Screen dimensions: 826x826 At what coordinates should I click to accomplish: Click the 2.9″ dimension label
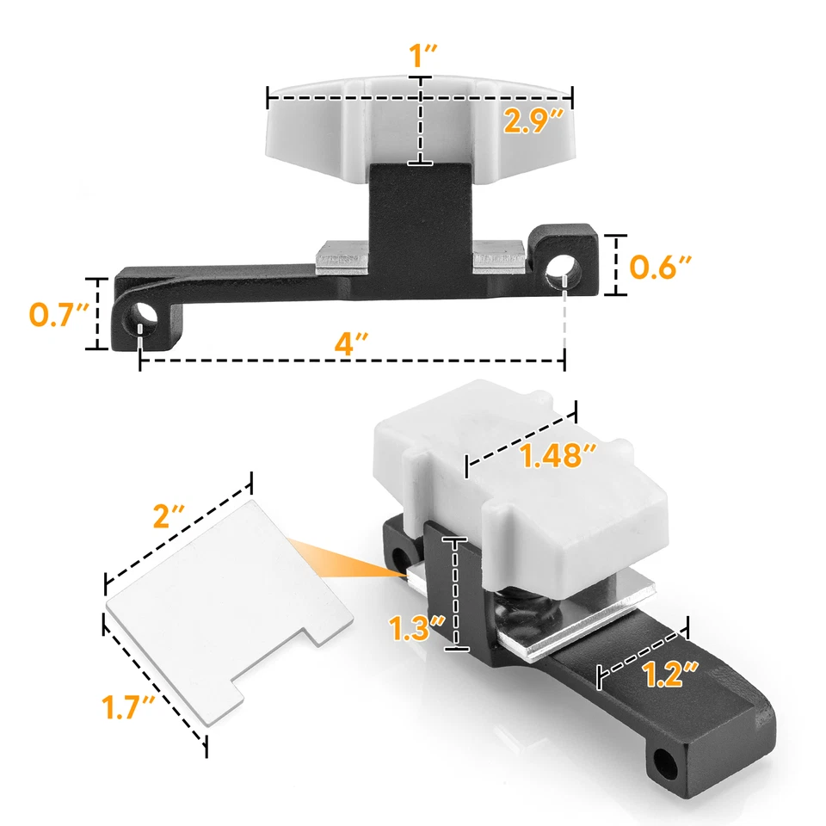tap(534, 122)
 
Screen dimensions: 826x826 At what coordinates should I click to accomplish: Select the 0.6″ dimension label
tap(659, 268)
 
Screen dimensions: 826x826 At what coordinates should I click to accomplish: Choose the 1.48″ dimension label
tap(557, 458)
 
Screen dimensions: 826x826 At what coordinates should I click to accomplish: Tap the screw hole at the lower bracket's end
tap(666, 761)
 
